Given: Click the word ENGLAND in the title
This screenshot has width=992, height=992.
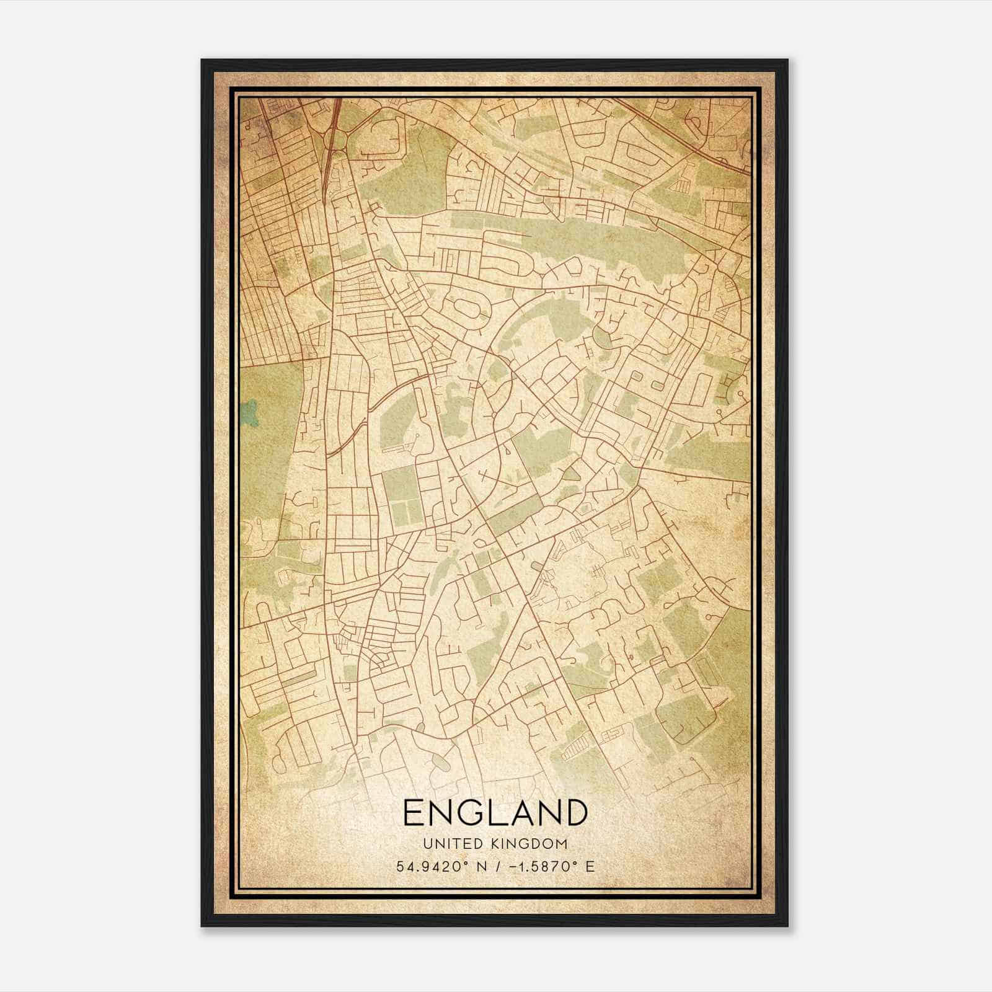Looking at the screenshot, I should pyautogui.click(x=495, y=812).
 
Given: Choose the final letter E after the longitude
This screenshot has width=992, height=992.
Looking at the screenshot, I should pyautogui.click(x=590, y=866).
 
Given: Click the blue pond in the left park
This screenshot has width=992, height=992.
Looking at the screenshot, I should pyautogui.click(x=250, y=410).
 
